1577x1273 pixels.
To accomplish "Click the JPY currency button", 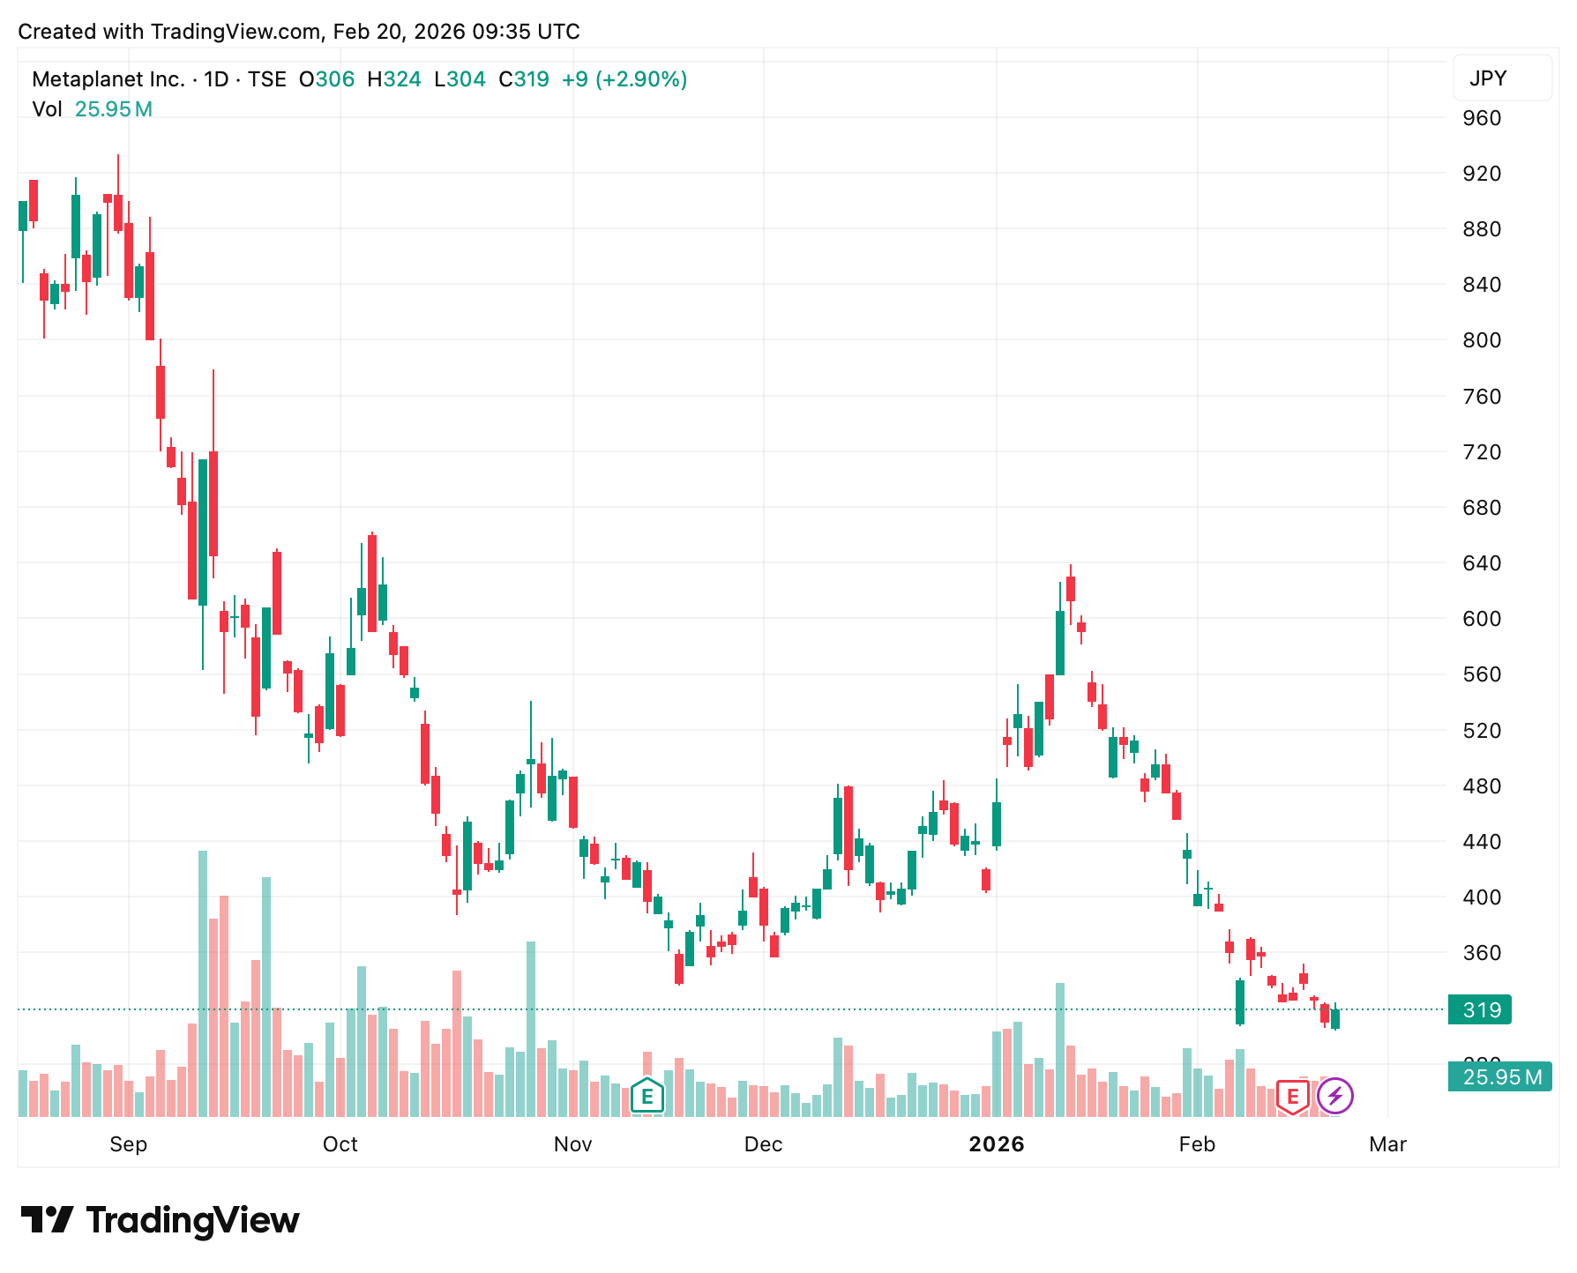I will tap(1501, 78).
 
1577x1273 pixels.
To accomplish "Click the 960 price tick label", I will tap(1482, 118).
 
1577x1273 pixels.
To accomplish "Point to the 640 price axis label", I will tap(1482, 563).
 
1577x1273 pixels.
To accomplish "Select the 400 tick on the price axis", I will tap(1482, 897).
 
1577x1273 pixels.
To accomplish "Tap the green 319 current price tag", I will tap(1480, 1009).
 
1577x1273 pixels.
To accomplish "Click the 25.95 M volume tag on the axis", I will tap(1499, 1077).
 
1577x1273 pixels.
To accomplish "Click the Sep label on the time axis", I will tap(128, 1144).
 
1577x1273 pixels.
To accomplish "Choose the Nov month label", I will tap(572, 1144).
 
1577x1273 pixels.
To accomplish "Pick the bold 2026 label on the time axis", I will tap(996, 1144).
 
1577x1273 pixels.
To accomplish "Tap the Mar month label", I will tap(1387, 1144).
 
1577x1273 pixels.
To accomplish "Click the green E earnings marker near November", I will tap(647, 1097).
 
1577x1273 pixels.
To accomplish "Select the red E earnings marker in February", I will tap(1292, 1097).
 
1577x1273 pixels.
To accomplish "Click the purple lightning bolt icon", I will tap(1334, 1097).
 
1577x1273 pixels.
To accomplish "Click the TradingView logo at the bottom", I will tap(160, 1220).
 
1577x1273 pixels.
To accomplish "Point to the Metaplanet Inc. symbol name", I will tap(108, 79).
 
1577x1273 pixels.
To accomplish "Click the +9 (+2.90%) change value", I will tap(624, 79).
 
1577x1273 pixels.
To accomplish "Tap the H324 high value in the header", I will tap(394, 79).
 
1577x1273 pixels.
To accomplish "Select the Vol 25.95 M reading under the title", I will tap(92, 109).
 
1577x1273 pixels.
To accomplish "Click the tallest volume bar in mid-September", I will tap(203, 983).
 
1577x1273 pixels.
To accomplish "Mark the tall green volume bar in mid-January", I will tap(1060, 1049).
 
